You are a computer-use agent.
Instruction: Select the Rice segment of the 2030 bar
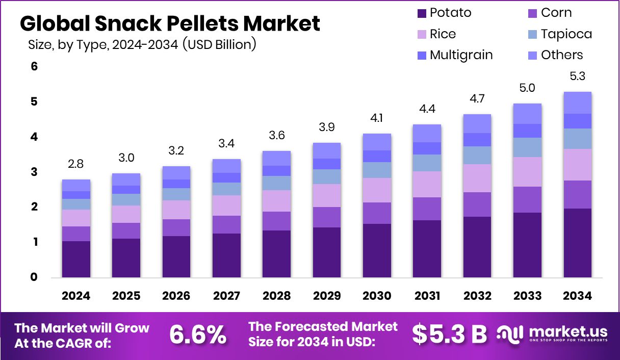coord(377,190)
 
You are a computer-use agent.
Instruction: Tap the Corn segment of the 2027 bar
coord(226,224)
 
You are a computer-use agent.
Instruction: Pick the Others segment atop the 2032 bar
coord(477,123)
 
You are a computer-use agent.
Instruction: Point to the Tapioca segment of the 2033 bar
coord(527,147)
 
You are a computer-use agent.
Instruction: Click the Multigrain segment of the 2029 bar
coord(327,164)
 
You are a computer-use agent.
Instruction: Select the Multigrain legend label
coord(461,55)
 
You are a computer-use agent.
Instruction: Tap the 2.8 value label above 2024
coord(76,164)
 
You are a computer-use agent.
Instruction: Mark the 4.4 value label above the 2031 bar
coord(427,109)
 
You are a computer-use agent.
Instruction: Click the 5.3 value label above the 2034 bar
coord(578,76)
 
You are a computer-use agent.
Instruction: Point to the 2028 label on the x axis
coord(276,296)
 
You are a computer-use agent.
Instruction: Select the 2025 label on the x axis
coord(126,296)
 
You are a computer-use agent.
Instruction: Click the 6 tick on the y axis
coord(34,67)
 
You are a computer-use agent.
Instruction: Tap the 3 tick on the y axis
coord(34,172)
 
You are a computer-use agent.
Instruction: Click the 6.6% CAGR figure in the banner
coord(198,335)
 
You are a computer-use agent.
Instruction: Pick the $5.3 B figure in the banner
coord(449,335)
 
